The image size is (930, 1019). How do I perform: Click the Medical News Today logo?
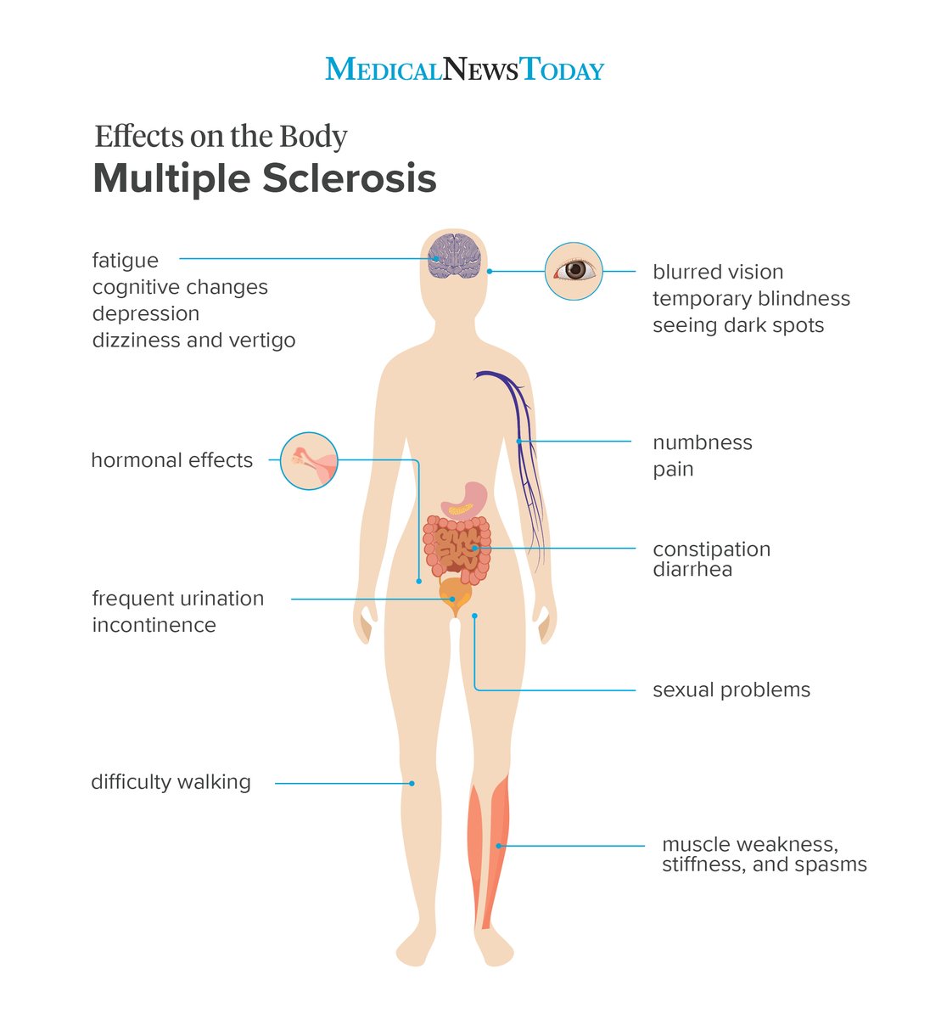tap(464, 69)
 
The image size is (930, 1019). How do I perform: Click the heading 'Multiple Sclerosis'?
tap(264, 178)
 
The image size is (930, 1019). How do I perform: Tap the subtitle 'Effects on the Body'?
tap(221, 137)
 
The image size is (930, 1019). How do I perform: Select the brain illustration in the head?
tap(455, 255)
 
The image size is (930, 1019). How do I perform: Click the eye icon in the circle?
tap(574, 271)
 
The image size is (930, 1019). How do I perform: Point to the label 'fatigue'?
tap(125, 261)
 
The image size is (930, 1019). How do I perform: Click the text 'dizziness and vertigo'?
tap(193, 341)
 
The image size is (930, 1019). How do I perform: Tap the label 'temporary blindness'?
tap(751, 299)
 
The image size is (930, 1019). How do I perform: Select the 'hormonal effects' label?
tap(171, 460)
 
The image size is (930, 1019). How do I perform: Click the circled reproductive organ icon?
tap(309, 461)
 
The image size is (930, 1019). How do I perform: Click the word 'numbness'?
tap(702, 442)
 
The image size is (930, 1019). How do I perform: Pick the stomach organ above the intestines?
tap(465, 500)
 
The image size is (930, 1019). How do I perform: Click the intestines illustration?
tap(457, 548)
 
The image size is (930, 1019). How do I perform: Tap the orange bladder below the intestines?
tap(455, 592)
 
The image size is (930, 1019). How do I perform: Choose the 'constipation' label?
tap(711, 549)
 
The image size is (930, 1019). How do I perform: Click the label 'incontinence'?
tap(154, 625)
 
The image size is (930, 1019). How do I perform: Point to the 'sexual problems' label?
tap(731, 690)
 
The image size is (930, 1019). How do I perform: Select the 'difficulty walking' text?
tap(171, 782)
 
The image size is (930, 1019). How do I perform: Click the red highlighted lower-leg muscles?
tap(490, 849)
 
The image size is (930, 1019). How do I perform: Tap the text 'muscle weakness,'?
tap(749, 845)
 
